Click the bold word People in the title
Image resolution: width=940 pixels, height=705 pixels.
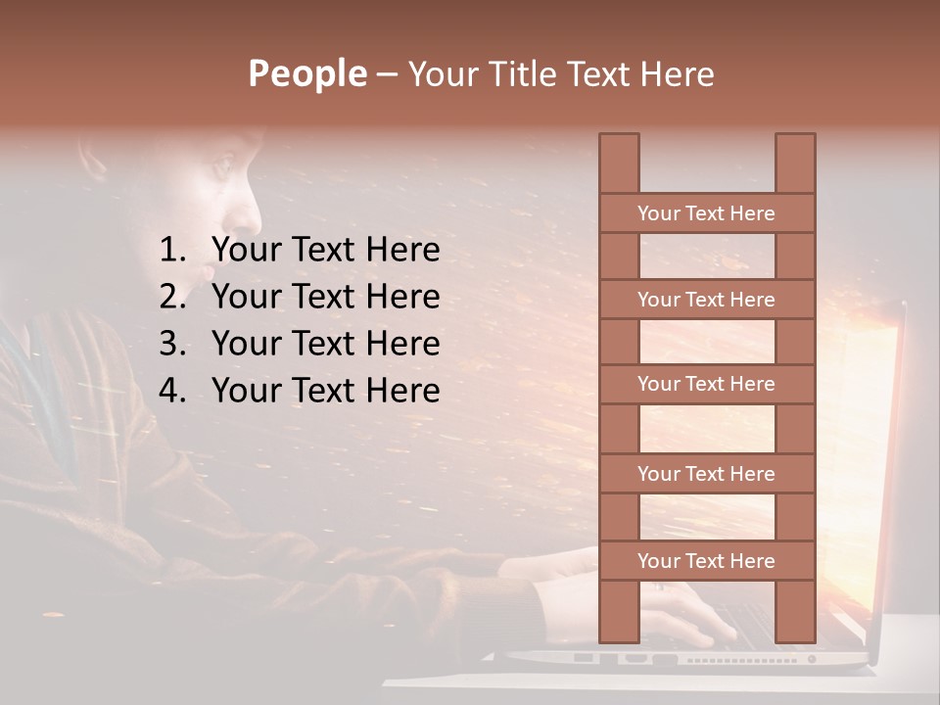[x=306, y=73]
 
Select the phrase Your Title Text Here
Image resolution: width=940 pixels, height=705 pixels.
[x=560, y=74]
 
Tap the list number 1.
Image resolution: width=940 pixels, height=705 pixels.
[x=171, y=251]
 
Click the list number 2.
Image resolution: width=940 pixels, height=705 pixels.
[x=171, y=297]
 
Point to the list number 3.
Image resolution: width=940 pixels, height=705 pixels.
[x=171, y=344]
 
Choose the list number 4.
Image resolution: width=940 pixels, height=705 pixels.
[x=171, y=391]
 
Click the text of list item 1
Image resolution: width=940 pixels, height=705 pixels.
[x=325, y=251]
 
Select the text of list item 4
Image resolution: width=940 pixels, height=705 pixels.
[x=325, y=391]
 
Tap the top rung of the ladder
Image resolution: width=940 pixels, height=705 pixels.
[x=706, y=213]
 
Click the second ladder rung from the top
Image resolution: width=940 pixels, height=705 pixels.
[x=706, y=300]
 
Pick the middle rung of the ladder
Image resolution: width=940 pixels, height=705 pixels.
[x=706, y=384]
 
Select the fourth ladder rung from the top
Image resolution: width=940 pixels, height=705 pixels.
[x=706, y=474]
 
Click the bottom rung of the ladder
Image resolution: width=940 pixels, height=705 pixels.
[x=706, y=561]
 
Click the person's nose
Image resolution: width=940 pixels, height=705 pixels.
[x=253, y=206]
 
